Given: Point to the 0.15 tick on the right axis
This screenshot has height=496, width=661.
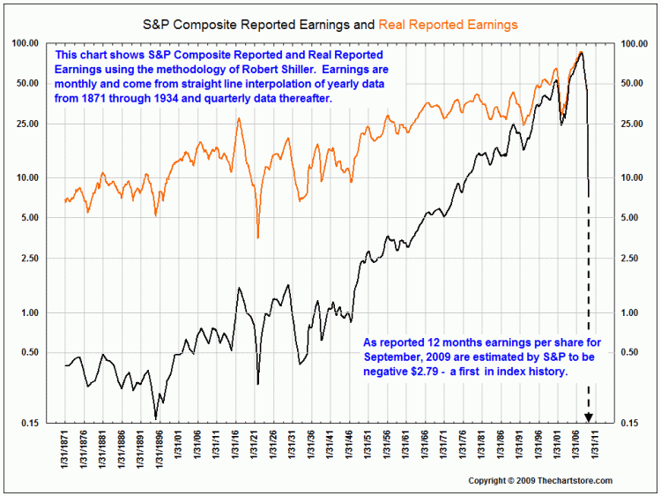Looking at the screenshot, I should tap(632, 423).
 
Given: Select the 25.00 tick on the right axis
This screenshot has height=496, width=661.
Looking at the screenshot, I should tap(635, 124).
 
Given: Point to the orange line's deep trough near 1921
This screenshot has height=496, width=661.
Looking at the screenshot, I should tap(257, 237).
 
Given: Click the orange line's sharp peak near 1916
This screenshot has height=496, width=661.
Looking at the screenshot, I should tap(238, 118).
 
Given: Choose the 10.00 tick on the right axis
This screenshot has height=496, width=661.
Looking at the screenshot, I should tap(635, 177).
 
